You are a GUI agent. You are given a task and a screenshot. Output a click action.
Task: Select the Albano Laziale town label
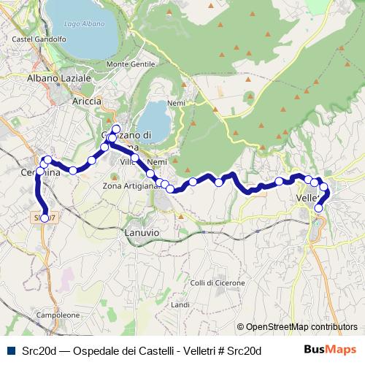59,77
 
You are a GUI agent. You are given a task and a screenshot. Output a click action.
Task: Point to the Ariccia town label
87,101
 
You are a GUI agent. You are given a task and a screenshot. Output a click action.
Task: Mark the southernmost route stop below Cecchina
45,218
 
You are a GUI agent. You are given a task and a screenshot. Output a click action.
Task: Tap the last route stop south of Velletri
318,209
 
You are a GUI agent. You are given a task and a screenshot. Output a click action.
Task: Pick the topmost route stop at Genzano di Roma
115,128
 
